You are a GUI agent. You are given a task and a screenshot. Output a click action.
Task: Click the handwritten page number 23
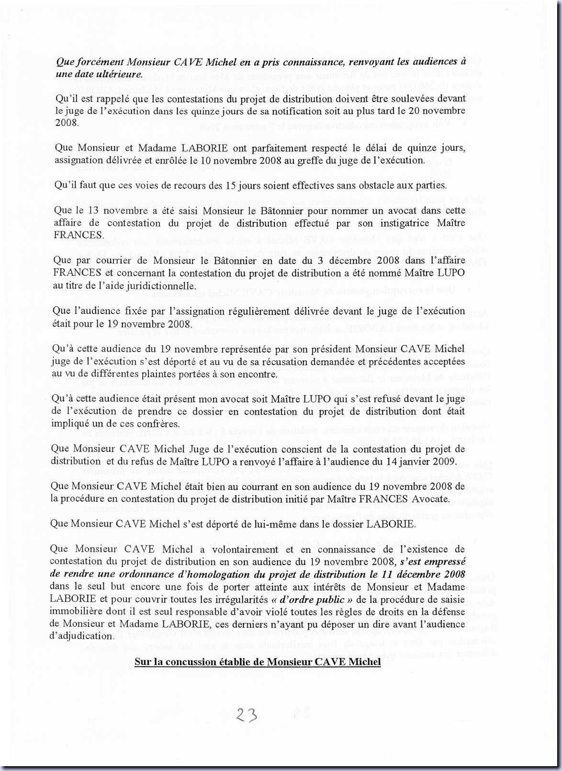pos(247,715)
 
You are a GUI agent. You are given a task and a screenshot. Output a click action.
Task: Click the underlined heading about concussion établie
pos(258,662)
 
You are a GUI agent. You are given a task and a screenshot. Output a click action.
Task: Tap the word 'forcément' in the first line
pos(98,62)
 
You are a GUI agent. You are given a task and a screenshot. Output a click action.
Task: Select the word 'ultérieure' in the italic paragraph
pos(119,74)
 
